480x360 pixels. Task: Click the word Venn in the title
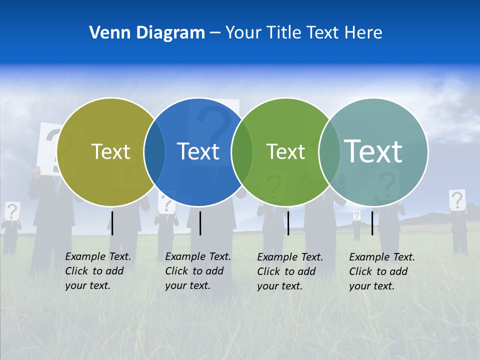(105, 33)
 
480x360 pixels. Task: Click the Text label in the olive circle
(110, 151)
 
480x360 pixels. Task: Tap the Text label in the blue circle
(198, 151)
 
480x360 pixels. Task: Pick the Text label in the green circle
(285, 151)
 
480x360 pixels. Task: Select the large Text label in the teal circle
(373, 151)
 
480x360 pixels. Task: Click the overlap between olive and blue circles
(154, 152)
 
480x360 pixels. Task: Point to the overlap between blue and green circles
(242, 152)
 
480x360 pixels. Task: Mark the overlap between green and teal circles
(328, 152)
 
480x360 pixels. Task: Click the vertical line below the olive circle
(112, 223)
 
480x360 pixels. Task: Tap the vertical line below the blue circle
(200, 223)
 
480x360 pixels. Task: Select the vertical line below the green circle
(288, 223)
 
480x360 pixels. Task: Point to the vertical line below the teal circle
(372, 223)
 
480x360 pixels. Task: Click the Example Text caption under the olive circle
(97, 271)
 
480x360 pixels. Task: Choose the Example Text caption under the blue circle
(197, 271)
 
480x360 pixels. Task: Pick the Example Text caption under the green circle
(289, 271)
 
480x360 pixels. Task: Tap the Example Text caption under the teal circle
(381, 271)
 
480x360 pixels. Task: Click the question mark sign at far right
(457, 200)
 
